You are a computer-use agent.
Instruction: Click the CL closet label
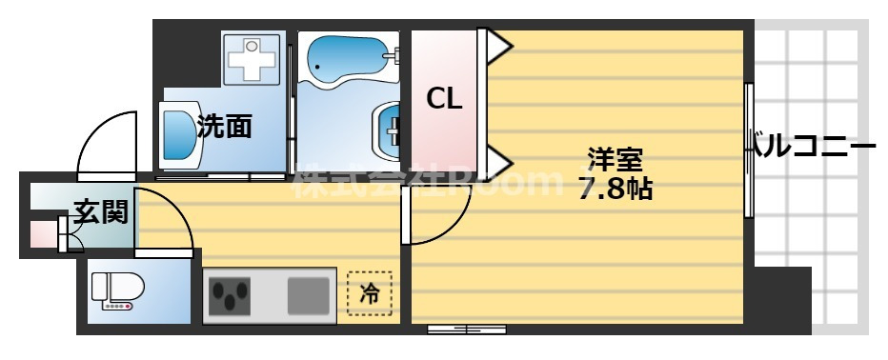(444, 98)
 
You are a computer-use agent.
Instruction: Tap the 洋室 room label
(614, 157)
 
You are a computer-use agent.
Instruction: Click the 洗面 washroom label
(224, 127)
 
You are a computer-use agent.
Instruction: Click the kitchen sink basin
(308, 294)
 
